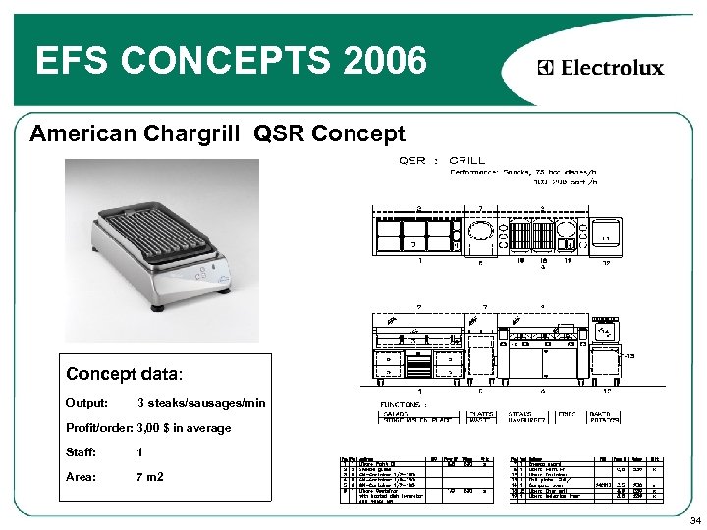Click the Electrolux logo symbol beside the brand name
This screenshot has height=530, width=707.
pyautogui.click(x=546, y=68)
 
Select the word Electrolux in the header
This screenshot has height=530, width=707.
pyautogui.click(x=611, y=68)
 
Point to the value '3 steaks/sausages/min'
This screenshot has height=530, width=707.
pyautogui.click(x=201, y=403)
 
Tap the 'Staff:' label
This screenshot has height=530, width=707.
pyautogui.click(x=82, y=452)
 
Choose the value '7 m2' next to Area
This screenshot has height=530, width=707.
pyautogui.click(x=150, y=477)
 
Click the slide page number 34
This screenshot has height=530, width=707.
pyautogui.click(x=694, y=519)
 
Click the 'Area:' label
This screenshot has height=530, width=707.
pyautogui.click(x=82, y=477)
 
